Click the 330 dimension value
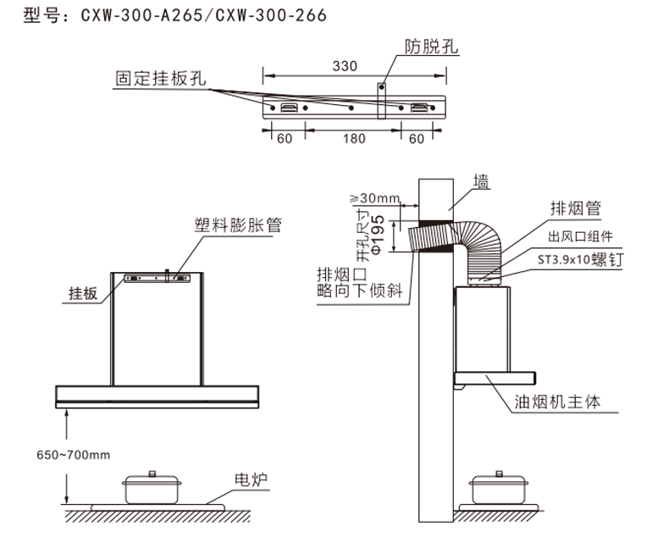pyautogui.click(x=345, y=66)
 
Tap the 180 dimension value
pyautogui.click(x=354, y=138)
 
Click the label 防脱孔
pyautogui.click(x=431, y=47)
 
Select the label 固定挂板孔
pyautogui.click(x=161, y=78)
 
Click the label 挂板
pyautogui.click(x=83, y=293)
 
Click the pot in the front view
pyautogui.click(x=152, y=488)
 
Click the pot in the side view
pyautogui.click(x=498, y=488)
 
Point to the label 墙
pyautogui.click(x=481, y=180)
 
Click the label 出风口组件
pyautogui.click(x=581, y=236)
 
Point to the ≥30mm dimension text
pyautogui.click(x=374, y=198)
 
